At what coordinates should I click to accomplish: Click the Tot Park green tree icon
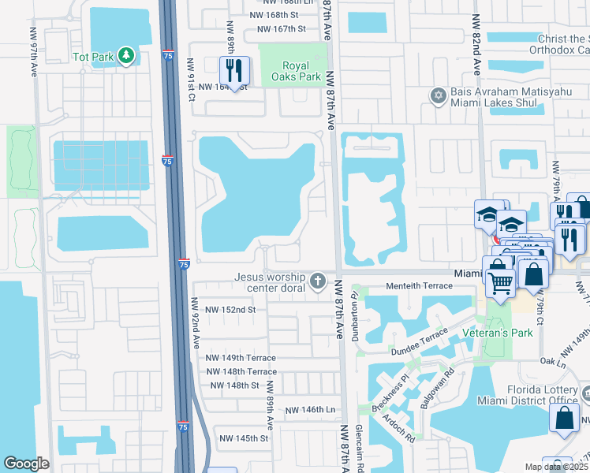pos(125,55)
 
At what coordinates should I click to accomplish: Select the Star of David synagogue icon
pos(439,96)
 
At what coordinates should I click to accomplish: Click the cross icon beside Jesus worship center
pos(317,281)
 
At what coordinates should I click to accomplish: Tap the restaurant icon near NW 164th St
pos(234,70)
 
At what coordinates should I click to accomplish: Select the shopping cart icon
pos(500,281)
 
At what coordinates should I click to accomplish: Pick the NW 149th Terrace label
pos(241,357)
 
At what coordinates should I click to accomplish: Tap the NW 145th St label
pos(245,438)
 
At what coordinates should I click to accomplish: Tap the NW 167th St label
pos(274,29)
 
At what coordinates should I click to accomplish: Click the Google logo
pos(26,464)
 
